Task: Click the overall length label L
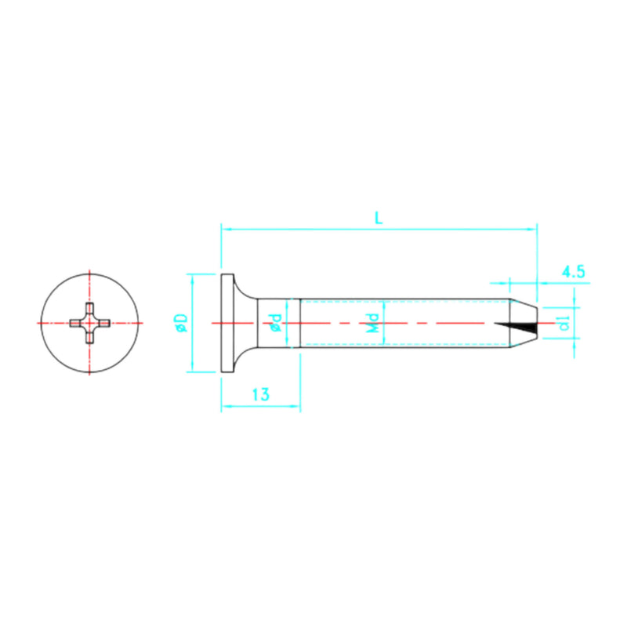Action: pos(379,219)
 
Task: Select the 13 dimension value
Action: pos(261,396)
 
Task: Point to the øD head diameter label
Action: pos(181,323)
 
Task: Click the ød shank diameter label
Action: pos(275,323)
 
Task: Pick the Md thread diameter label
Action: pos(374,323)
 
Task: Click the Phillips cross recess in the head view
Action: pos(89,323)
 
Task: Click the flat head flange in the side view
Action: pos(228,323)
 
